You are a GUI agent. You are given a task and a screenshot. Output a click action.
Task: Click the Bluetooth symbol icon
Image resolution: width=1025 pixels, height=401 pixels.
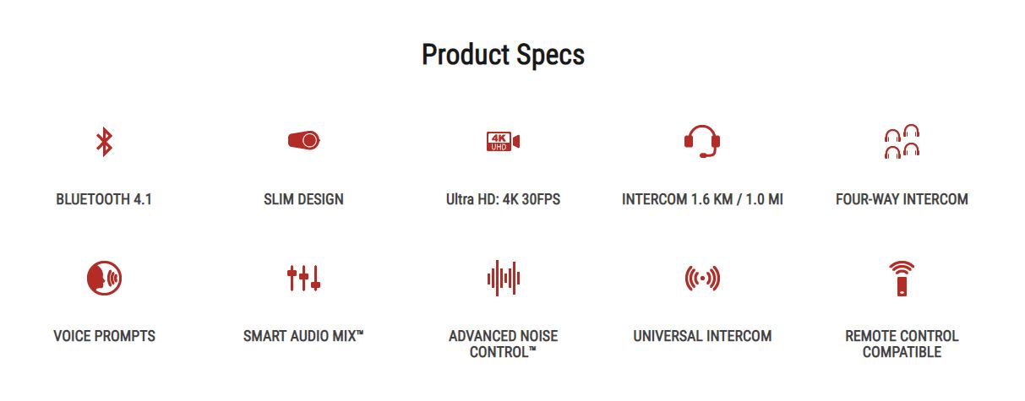(x=104, y=141)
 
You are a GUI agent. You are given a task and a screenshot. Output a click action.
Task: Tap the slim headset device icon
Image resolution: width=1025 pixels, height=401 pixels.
(x=304, y=140)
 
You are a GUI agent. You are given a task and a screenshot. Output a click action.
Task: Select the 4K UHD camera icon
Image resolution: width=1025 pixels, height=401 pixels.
(x=503, y=141)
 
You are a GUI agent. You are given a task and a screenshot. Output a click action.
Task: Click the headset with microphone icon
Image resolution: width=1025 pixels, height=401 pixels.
(x=702, y=141)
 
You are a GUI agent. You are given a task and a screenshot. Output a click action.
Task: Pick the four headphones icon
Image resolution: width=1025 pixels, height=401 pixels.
(x=902, y=141)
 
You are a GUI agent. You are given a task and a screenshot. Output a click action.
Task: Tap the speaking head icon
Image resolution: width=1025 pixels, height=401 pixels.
(x=104, y=278)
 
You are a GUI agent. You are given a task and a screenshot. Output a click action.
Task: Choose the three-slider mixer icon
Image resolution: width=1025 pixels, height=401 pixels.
(x=304, y=278)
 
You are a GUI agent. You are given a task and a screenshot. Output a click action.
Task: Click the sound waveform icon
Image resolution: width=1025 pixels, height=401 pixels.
(x=504, y=278)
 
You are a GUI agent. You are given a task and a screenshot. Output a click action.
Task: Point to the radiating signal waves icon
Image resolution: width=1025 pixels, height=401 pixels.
(x=702, y=278)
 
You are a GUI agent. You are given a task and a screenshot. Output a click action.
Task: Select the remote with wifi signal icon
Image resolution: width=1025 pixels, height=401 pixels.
(x=902, y=279)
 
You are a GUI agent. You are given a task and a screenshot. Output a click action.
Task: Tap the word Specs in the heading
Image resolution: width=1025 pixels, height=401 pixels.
(x=550, y=56)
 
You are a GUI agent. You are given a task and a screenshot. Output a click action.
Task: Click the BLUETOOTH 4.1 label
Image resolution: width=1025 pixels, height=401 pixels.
(x=104, y=199)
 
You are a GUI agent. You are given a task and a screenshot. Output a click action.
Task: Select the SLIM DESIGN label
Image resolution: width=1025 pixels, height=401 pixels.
(x=303, y=199)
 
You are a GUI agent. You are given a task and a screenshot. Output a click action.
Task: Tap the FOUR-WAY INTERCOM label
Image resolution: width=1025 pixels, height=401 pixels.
(x=902, y=199)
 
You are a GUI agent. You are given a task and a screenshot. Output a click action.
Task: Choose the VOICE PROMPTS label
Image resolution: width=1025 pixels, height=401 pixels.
(x=104, y=336)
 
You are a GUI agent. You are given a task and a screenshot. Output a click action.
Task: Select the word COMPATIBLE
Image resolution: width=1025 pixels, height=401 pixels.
(x=902, y=352)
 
